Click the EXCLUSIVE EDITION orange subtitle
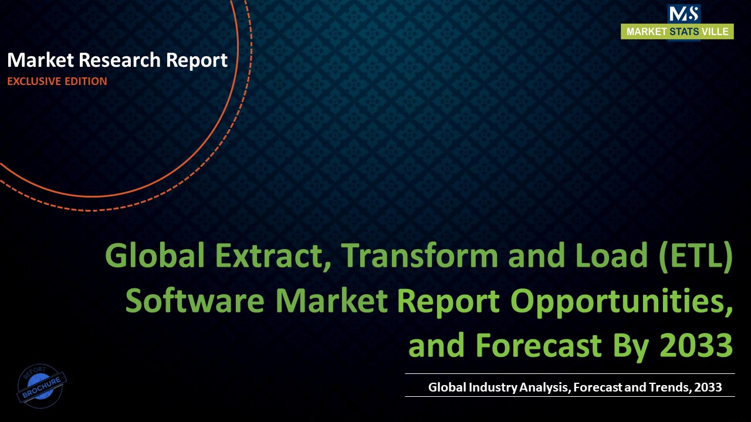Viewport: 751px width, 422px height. [57, 81]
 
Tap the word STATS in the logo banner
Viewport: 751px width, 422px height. [684, 32]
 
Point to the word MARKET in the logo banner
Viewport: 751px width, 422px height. [646, 32]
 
